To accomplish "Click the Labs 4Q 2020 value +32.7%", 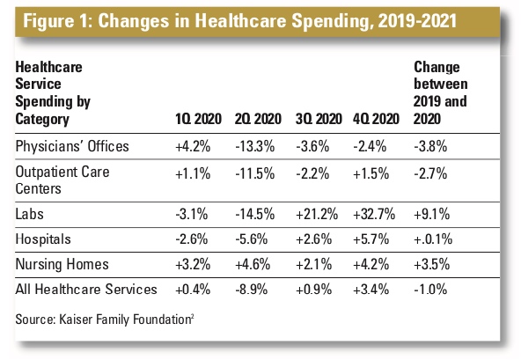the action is point(374,215).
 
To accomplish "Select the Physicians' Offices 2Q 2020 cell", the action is point(255,147).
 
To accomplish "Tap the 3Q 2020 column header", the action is point(319,119).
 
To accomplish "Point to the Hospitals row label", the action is point(43,239).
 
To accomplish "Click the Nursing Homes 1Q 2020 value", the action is point(193,265).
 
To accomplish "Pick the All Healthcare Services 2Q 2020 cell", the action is point(251,290).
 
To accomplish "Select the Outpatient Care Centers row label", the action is point(62,180).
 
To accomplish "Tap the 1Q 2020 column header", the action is point(198,119).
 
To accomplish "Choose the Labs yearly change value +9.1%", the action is point(431,215).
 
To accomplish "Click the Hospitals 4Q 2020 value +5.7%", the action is point(371,239).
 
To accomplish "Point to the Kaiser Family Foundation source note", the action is point(105,320).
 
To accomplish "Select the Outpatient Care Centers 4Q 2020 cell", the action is point(371,174).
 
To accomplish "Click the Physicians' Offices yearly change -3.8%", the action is point(430,147).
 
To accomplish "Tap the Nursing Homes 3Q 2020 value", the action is point(313,265).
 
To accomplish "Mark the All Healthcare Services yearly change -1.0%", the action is point(430,290).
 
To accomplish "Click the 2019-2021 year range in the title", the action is point(417,21).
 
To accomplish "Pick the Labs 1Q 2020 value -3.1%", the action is point(192,215).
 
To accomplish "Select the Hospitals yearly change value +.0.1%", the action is point(433,239).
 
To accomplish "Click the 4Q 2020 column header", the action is point(376,119).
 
